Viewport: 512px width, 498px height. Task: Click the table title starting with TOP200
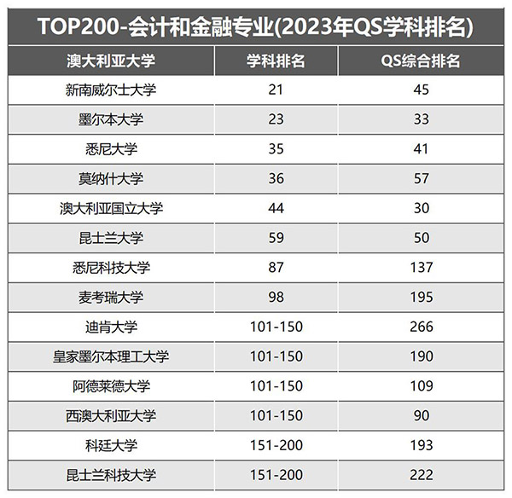pyautogui.click(x=256, y=26)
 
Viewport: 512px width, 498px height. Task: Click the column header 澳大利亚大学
pyautogui.click(x=111, y=61)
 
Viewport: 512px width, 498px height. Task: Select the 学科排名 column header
pyautogui.click(x=276, y=61)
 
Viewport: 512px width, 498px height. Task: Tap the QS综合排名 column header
pyautogui.click(x=421, y=61)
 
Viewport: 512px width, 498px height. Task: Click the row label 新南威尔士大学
pyautogui.click(x=111, y=90)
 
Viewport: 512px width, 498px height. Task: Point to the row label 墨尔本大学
pyautogui.click(x=111, y=119)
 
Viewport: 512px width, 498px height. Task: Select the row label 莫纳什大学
pyautogui.click(x=111, y=179)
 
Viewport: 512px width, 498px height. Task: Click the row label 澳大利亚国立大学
pyautogui.click(x=111, y=208)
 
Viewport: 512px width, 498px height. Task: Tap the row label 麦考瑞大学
pyautogui.click(x=111, y=297)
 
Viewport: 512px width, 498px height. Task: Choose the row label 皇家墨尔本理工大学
pyautogui.click(x=111, y=356)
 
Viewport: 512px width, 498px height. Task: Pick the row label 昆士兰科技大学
pyautogui.click(x=111, y=474)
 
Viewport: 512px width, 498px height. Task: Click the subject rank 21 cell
pyautogui.click(x=276, y=90)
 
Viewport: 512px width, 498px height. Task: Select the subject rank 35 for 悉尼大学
pyautogui.click(x=276, y=149)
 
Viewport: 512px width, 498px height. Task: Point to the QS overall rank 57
pyautogui.click(x=421, y=179)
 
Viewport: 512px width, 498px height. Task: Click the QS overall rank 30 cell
pyautogui.click(x=421, y=208)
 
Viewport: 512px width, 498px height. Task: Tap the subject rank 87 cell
pyautogui.click(x=276, y=268)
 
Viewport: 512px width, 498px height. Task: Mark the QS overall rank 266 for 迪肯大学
pyautogui.click(x=421, y=327)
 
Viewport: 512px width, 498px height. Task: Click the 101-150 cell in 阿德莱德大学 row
pyautogui.click(x=276, y=385)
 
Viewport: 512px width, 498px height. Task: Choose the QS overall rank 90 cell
pyautogui.click(x=421, y=415)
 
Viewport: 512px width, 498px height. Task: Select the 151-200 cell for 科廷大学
pyautogui.click(x=276, y=445)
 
